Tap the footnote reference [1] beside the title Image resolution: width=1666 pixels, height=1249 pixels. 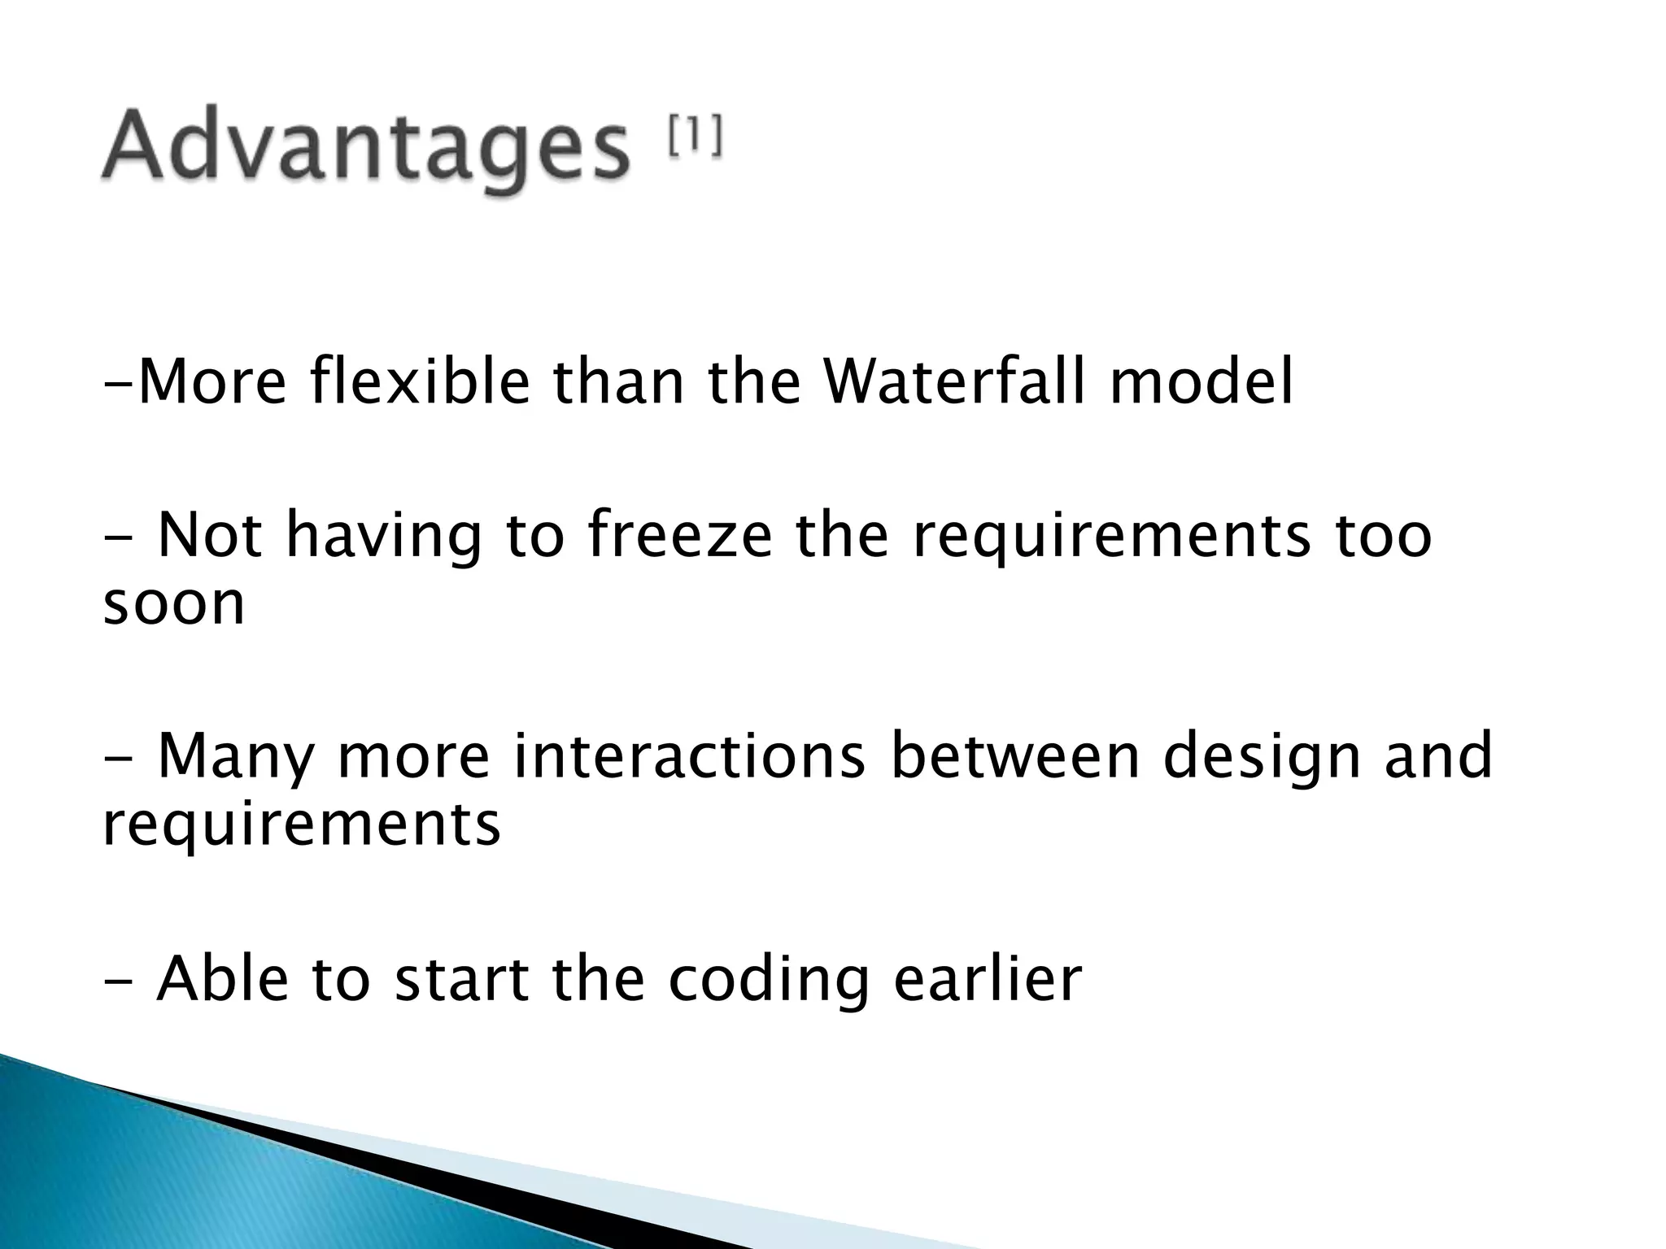694,137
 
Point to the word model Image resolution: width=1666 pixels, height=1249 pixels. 1201,382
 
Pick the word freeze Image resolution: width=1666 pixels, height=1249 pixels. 678,537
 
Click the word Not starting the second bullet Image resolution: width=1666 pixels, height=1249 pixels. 209,537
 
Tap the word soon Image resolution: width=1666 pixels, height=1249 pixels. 173,603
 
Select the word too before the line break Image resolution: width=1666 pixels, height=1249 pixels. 1383,537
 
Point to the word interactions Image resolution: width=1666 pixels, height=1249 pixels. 689,757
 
